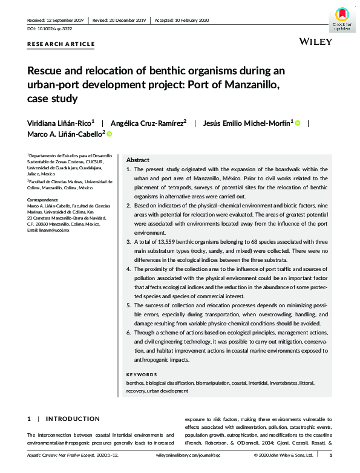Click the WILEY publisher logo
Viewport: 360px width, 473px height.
coord(315,42)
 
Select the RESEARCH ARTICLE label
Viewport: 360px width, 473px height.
coord(61,44)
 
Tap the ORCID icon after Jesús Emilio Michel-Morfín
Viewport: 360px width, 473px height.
coord(298,122)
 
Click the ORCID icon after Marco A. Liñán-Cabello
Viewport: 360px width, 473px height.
coord(110,134)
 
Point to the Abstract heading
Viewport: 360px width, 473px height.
coord(138,160)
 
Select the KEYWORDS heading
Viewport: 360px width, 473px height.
coord(141,375)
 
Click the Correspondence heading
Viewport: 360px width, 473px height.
coord(44,198)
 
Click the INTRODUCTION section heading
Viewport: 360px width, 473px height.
coord(73,419)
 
